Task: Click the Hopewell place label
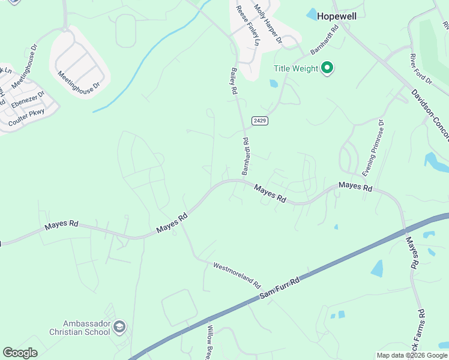pyautogui.click(x=336, y=16)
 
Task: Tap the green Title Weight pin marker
pyautogui.click(x=327, y=68)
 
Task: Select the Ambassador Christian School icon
pyautogui.click(x=119, y=327)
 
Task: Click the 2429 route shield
pyautogui.click(x=259, y=121)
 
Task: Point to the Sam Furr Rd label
pyautogui.click(x=279, y=289)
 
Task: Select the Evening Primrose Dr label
pyautogui.click(x=372, y=143)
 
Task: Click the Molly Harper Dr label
pyautogui.click(x=268, y=24)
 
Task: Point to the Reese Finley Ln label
pyautogui.click(x=247, y=25)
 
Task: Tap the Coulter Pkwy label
pyautogui.click(x=26, y=117)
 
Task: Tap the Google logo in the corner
pyautogui.click(x=20, y=352)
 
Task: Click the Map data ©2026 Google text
pyautogui.click(x=412, y=355)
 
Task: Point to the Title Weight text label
pyautogui.click(x=296, y=68)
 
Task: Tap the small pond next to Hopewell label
pyautogui.click(x=312, y=13)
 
